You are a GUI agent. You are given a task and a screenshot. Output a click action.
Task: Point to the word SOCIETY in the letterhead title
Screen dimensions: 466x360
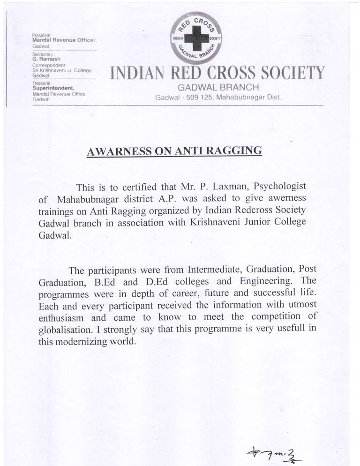[288, 73]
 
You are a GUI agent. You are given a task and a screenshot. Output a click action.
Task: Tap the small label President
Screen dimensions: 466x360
[41, 36]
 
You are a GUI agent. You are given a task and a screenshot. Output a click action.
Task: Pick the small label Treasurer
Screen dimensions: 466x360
[41, 83]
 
